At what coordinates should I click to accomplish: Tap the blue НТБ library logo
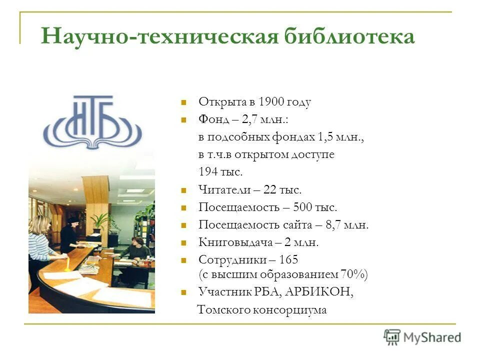tap(92, 122)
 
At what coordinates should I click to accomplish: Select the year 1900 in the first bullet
tap(271, 102)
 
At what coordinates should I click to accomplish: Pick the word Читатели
tap(223, 189)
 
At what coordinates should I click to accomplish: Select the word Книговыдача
tap(235, 242)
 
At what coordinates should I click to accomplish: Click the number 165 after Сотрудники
tap(288, 259)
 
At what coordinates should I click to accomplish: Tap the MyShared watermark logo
tap(422, 337)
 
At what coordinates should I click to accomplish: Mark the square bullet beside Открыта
tap(184, 102)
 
